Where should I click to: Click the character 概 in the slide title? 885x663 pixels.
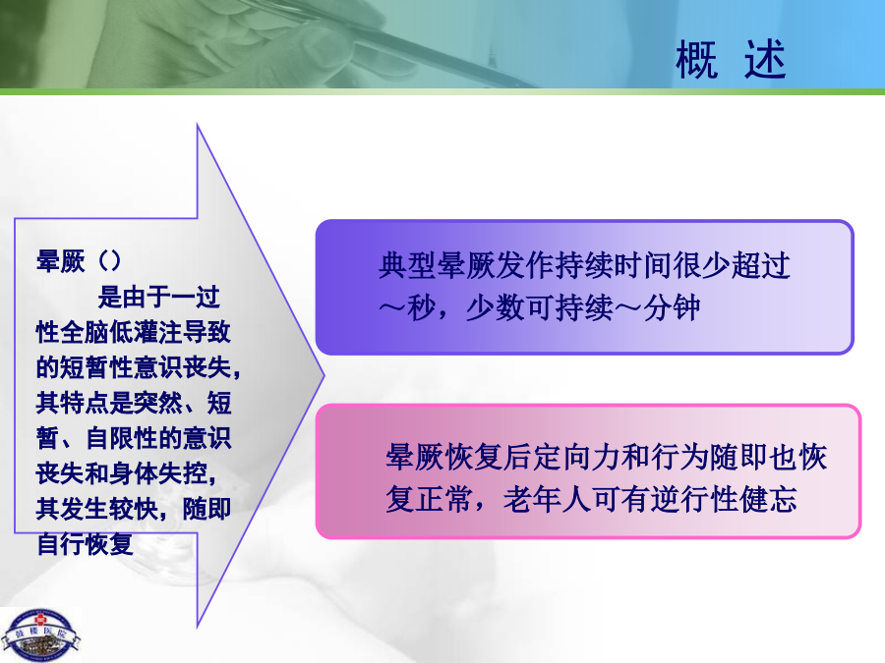(x=696, y=59)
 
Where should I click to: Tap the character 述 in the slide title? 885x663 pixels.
(x=765, y=59)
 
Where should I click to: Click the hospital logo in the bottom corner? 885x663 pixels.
(x=40, y=635)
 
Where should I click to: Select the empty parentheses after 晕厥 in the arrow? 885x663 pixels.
(x=109, y=260)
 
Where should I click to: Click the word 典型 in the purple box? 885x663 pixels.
(x=407, y=265)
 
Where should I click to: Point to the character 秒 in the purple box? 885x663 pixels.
(x=422, y=307)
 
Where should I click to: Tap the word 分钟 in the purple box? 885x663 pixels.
(x=671, y=307)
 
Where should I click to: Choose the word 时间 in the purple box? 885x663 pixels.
(x=642, y=265)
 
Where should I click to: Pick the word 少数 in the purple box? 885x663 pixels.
(x=495, y=307)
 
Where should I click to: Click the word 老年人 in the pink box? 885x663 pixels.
(x=547, y=499)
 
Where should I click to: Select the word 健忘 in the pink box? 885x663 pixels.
(x=768, y=499)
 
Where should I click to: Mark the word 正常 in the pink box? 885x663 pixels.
(x=444, y=499)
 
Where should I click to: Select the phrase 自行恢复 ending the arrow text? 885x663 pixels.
(x=85, y=544)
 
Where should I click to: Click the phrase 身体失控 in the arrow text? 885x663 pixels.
(x=158, y=473)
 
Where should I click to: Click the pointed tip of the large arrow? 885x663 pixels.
(x=324, y=375)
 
